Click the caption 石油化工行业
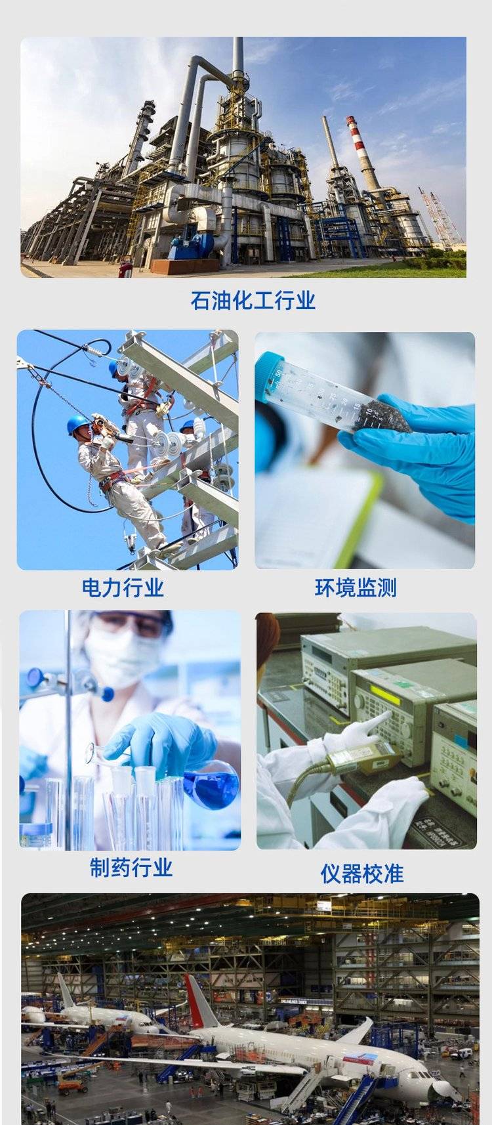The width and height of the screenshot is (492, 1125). [253, 301]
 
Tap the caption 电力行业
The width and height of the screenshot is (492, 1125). [123, 587]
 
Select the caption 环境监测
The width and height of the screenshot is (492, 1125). [356, 587]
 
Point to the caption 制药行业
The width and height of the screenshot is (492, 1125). [131, 867]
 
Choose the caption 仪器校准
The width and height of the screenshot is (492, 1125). [362, 874]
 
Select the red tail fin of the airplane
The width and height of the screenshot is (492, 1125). [198, 1000]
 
